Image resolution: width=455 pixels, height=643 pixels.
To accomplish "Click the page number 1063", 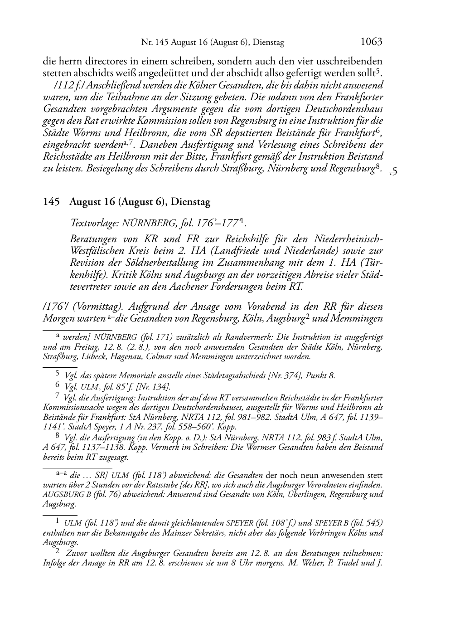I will [x=371, y=42].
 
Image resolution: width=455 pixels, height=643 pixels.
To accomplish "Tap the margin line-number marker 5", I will [x=393, y=171].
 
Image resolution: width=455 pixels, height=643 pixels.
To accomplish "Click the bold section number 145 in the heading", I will [x=51, y=202].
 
